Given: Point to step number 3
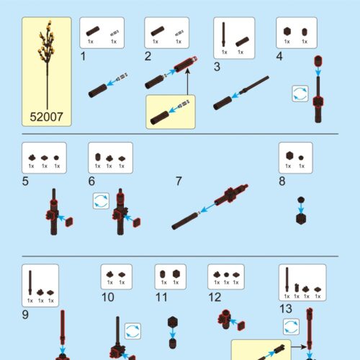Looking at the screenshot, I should coord(217,68).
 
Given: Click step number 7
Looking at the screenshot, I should coord(179,181).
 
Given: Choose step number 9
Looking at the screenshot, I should coord(26,314).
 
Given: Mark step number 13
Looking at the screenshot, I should coord(285,309).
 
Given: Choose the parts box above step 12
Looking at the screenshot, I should coord(225,276).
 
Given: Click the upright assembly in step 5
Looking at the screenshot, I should coord(55,213).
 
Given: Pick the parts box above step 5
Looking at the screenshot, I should coord(44,157).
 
